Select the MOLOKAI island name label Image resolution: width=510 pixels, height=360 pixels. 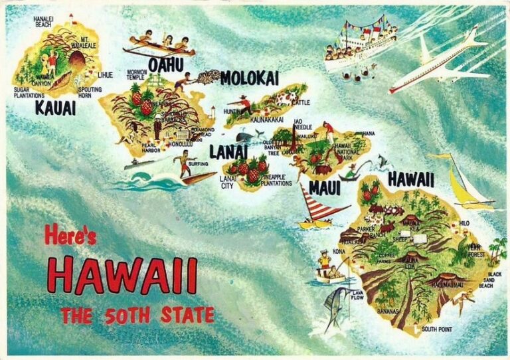pyautogui.click(x=250, y=78)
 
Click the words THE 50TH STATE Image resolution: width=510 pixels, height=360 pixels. pyautogui.click(x=137, y=315)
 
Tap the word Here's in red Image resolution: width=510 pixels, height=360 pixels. pyautogui.click(x=71, y=234)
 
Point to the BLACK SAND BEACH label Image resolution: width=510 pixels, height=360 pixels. pyautogui.click(x=495, y=280)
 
